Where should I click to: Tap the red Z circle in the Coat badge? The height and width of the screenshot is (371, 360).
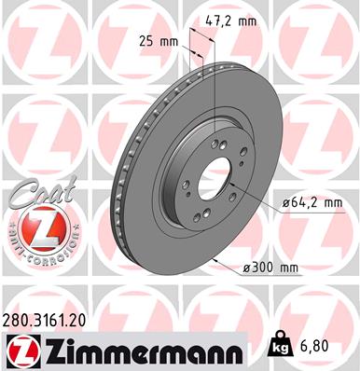35,227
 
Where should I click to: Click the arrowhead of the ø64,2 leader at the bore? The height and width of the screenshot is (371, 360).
230,189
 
